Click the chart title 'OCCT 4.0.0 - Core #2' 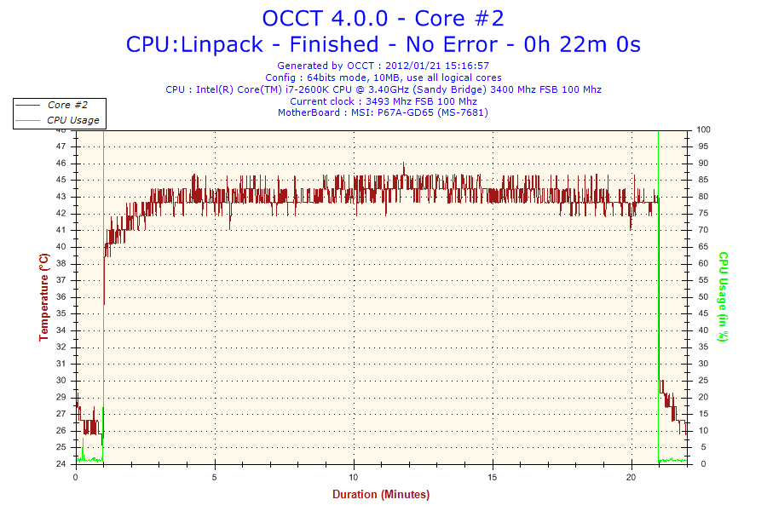[x=383, y=18]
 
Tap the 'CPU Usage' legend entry [x=72, y=120]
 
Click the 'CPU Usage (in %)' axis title [x=723, y=296]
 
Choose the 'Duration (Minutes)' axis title [x=381, y=494]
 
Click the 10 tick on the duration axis [x=354, y=476]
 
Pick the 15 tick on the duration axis [x=493, y=476]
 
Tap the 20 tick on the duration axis [x=631, y=476]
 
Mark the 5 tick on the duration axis [x=215, y=476]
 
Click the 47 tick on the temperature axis [x=61, y=146]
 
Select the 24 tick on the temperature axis [x=61, y=464]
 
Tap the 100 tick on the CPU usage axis [x=704, y=129]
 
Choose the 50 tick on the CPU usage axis [x=702, y=297]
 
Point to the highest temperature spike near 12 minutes [x=404, y=164]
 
